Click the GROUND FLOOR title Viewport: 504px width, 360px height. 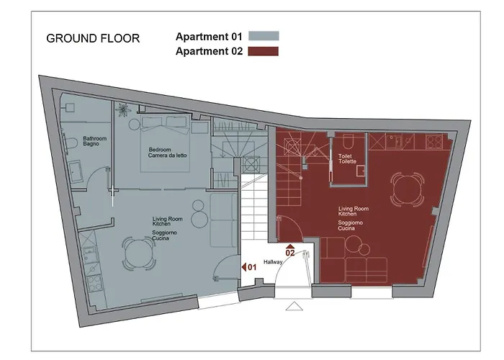pyautogui.click(x=93, y=38)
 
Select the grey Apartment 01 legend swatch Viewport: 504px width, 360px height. pyautogui.click(x=264, y=36)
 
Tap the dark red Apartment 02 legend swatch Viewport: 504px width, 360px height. pyautogui.click(x=264, y=51)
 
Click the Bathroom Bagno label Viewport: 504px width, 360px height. pyautogui.click(x=95, y=140)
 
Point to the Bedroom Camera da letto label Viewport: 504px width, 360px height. pyautogui.click(x=168, y=153)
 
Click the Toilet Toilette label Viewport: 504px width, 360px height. pyautogui.click(x=348, y=159)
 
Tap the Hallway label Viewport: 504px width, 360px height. pyautogui.click(x=274, y=262)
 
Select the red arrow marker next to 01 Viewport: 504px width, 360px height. pyautogui.click(x=244, y=267)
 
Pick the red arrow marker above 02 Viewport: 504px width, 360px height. pyautogui.click(x=290, y=246)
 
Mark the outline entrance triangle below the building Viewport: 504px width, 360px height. pyautogui.click(x=294, y=306)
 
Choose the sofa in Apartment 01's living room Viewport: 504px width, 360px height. pyautogui.click(x=222, y=220)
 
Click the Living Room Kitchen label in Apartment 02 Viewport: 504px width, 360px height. pyautogui.click(x=354, y=211)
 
